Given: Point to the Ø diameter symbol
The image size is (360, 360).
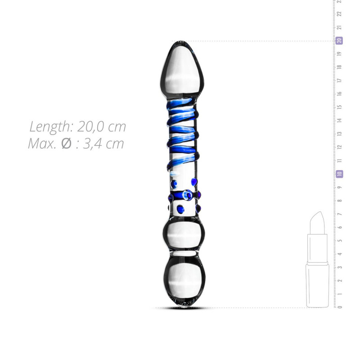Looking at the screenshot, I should click(x=66, y=144).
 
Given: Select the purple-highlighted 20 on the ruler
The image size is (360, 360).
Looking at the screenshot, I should click(x=339, y=40).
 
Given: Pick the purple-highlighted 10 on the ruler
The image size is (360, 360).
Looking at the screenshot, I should click(x=339, y=174).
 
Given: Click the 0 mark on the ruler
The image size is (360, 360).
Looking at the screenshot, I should click(x=340, y=307).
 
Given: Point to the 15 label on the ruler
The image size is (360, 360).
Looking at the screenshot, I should click(x=340, y=107).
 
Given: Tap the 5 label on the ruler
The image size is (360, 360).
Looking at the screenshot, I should click(x=340, y=240).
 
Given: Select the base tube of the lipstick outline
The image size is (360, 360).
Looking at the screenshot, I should click(x=317, y=286).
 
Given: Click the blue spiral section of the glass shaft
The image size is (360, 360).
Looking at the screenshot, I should click(x=182, y=135).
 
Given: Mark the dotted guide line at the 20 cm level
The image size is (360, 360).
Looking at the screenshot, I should click(x=270, y=41).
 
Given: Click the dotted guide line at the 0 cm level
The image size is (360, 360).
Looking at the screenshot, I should click(x=270, y=308).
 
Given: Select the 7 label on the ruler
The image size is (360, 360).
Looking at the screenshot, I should click(x=340, y=214).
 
